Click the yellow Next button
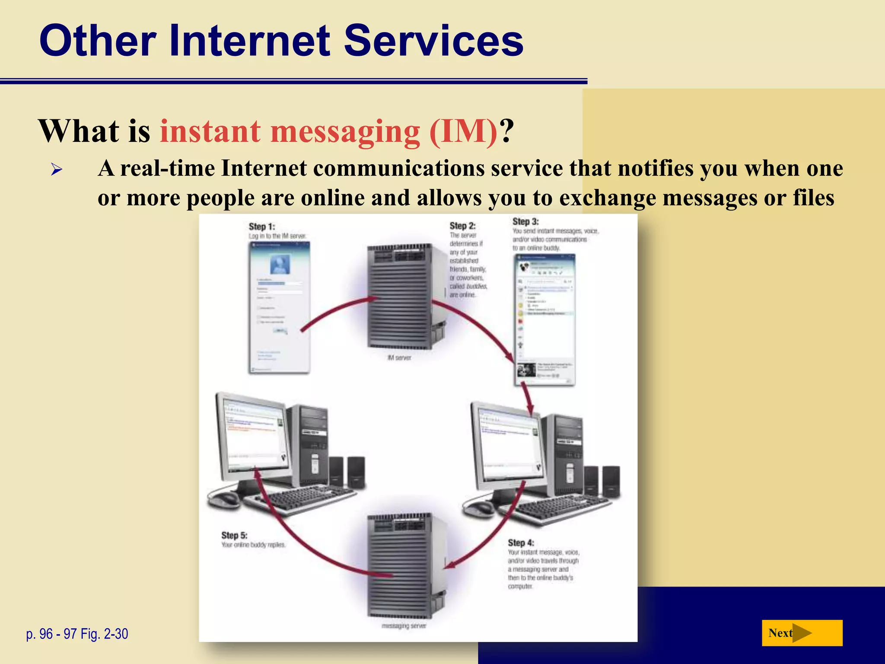tap(802, 633)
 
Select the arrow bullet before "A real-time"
tap(57, 169)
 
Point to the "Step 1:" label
tap(262, 227)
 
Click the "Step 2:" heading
tap(462, 226)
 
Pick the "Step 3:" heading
tap(525, 222)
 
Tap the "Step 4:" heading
tap(521, 543)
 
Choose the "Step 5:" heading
tap(234, 535)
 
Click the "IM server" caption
tap(399, 358)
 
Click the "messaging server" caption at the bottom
tap(404, 626)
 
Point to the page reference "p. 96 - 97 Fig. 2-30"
tap(77, 634)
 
